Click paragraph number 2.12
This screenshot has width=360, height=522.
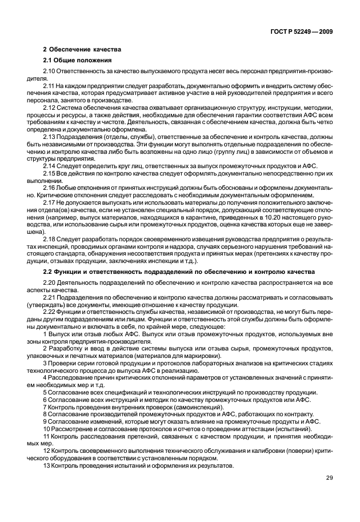pos(50,107)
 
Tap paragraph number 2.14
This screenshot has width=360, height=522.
pos(50,166)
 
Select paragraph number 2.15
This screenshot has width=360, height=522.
pos(50,173)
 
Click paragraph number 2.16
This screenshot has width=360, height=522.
pos(50,188)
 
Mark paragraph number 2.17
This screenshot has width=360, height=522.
pos(50,203)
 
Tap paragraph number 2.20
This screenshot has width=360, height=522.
pos(50,283)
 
